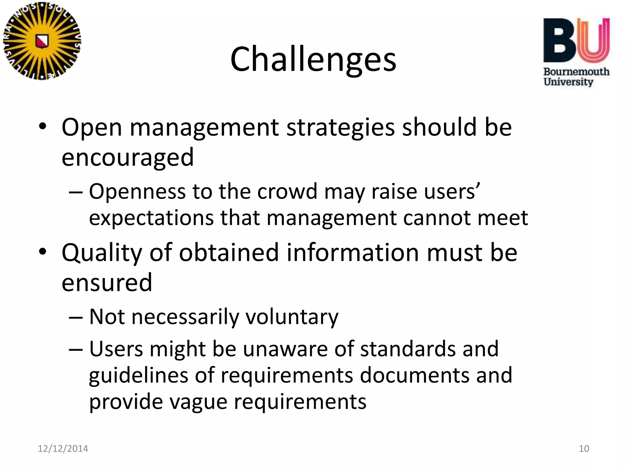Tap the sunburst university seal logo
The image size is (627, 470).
(42, 41)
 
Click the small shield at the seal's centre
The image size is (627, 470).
(42, 41)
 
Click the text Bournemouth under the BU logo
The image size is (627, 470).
(576, 72)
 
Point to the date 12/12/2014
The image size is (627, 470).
(63, 449)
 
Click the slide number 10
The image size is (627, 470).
(584, 449)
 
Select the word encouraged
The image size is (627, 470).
(128, 157)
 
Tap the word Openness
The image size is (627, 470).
(137, 192)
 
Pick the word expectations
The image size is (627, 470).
(151, 218)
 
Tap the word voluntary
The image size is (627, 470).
(292, 317)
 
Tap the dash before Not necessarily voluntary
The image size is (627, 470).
(76, 317)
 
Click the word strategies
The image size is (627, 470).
(340, 127)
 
